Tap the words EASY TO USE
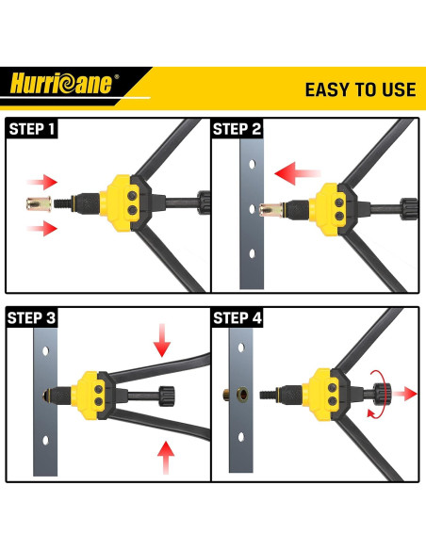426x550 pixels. (x=359, y=89)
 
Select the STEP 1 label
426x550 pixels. (x=32, y=129)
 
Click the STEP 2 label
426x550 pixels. (x=238, y=129)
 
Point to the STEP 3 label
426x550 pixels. (x=32, y=318)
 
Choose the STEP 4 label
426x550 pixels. (x=238, y=318)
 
